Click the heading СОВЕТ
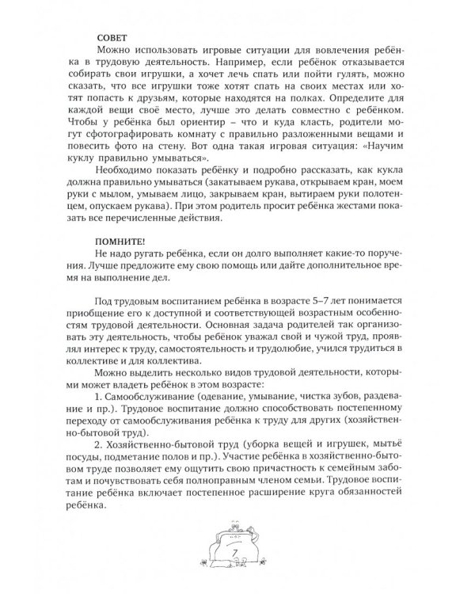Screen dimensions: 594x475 pos(110,37)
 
